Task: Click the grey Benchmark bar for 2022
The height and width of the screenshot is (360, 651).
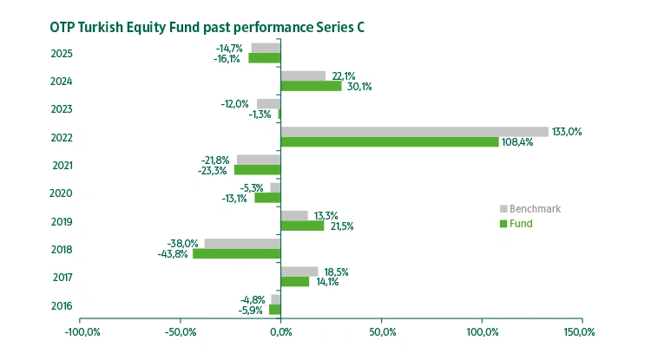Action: pyautogui.click(x=414, y=132)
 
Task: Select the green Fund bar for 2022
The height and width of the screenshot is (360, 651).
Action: pyautogui.click(x=389, y=141)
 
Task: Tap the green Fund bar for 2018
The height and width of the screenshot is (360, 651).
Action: pyautogui.click(x=236, y=253)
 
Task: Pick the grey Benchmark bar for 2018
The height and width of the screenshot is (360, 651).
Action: pyautogui.click(x=242, y=244)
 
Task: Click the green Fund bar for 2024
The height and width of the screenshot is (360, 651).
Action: pyautogui.click(x=311, y=86)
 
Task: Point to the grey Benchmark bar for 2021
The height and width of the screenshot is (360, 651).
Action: pyautogui.click(x=259, y=160)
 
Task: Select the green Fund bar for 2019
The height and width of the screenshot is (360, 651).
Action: pyautogui.click(x=302, y=226)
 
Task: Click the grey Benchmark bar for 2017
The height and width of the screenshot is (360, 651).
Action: pyautogui.click(x=299, y=272)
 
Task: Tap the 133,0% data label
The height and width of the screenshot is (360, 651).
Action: pyautogui.click(x=568, y=131)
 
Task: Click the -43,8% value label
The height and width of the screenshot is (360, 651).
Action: pyautogui.click(x=174, y=253)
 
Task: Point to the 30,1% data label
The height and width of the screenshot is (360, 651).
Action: pyautogui.click(x=358, y=87)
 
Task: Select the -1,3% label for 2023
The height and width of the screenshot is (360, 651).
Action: pyautogui.click(x=260, y=115)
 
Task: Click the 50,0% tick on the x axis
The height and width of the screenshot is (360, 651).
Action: pyautogui.click(x=382, y=331)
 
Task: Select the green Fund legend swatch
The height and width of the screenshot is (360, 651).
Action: pyautogui.click(x=503, y=224)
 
